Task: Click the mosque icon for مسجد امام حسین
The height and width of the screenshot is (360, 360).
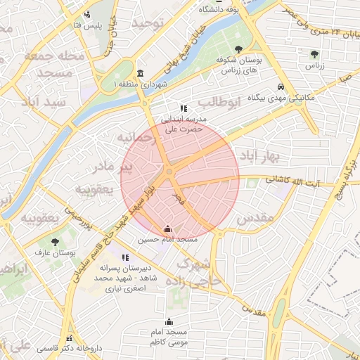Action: [167, 229]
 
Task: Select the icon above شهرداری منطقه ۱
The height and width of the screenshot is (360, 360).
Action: [140, 74]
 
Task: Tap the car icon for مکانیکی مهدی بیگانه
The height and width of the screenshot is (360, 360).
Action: [281, 87]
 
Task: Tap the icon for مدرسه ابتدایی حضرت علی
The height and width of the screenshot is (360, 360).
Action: [184, 108]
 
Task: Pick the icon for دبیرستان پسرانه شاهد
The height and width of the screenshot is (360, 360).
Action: [125, 258]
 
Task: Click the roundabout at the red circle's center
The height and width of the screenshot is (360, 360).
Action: [170, 172]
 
